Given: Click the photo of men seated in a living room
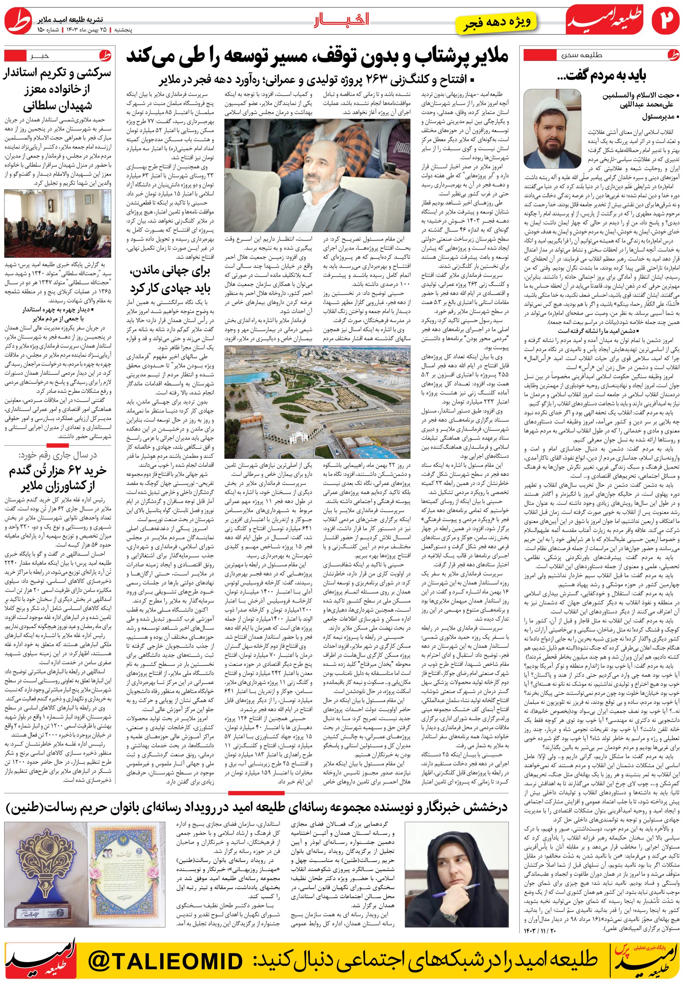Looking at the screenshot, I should (x=58, y=223).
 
